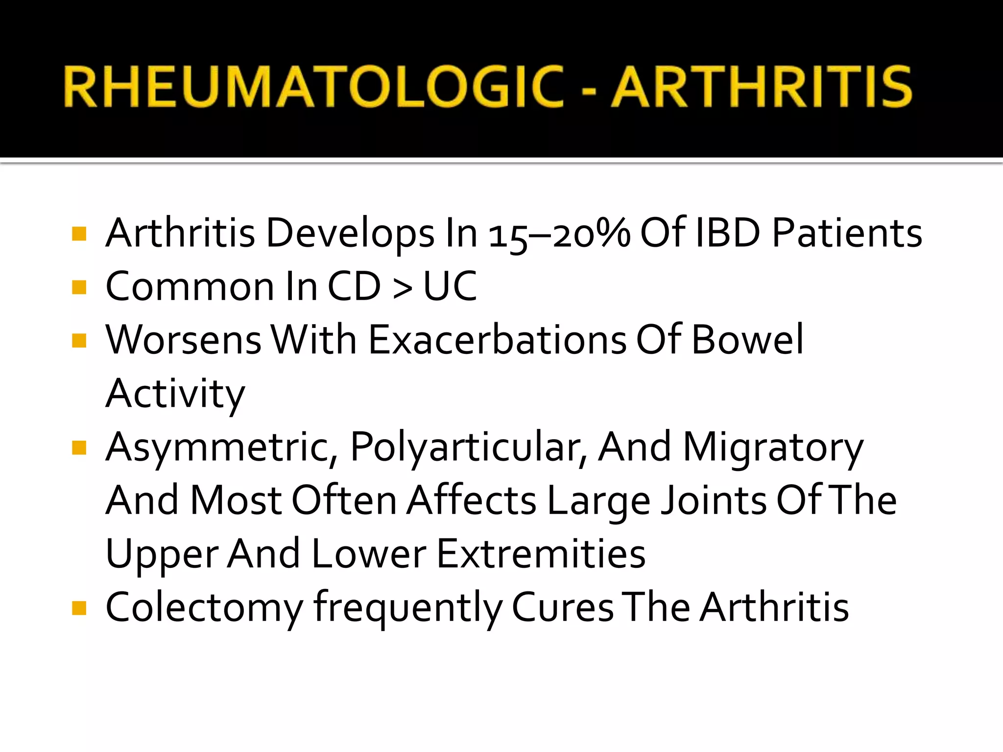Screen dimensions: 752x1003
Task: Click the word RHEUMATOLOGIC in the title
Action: coord(313,87)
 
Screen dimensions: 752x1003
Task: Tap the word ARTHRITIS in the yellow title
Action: coord(762,87)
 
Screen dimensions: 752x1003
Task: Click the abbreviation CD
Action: coord(354,286)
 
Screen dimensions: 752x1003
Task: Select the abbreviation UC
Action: coord(450,286)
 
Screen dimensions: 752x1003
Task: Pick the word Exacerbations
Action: coord(497,340)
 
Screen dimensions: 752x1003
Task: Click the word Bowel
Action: coord(747,340)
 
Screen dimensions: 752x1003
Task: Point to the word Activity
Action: coord(175,395)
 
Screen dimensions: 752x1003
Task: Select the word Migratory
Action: coord(773,448)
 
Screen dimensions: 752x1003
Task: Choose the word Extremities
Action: coord(541,554)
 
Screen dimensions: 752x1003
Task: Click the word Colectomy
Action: coord(204,609)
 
